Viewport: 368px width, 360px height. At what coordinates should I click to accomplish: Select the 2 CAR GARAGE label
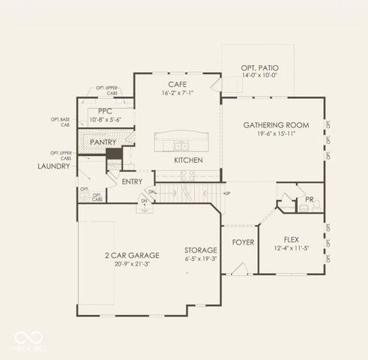(132, 255)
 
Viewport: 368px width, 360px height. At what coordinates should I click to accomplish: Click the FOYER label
(242, 243)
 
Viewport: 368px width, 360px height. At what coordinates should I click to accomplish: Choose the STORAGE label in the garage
(201, 250)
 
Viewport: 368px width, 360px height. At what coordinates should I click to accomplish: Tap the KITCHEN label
(187, 160)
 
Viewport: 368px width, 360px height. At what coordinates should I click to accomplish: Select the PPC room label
(104, 111)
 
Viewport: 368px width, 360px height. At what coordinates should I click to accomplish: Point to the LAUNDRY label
(55, 166)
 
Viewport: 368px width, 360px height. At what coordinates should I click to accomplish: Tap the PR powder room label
(310, 199)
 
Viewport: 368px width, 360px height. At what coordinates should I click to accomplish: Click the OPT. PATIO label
(259, 67)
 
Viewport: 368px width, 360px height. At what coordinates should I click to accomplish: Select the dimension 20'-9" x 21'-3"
(132, 265)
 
